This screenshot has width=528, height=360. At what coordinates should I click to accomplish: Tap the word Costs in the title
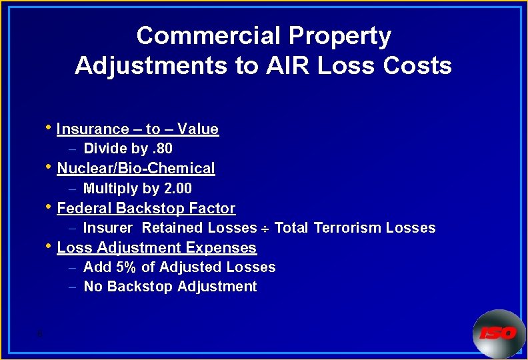(x=417, y=66)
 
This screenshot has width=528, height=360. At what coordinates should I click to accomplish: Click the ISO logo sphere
(x=499, y=333)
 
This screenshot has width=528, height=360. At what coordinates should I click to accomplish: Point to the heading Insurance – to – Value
(x=137, y=129)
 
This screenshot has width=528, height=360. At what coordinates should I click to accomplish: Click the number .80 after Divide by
(x=161, y=149)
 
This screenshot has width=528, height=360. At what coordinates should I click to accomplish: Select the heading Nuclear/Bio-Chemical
(x=136, y=169)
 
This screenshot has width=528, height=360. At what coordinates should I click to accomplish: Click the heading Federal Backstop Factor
(x=146, y=209)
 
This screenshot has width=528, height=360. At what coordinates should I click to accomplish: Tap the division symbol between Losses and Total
(x=265, y=229)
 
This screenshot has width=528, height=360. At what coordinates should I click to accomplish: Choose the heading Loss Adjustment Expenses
(x=157, y=248)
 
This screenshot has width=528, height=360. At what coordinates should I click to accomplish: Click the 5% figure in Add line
(x=125, y=267)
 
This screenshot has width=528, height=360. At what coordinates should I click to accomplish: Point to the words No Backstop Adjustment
(x=170, y=287)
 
